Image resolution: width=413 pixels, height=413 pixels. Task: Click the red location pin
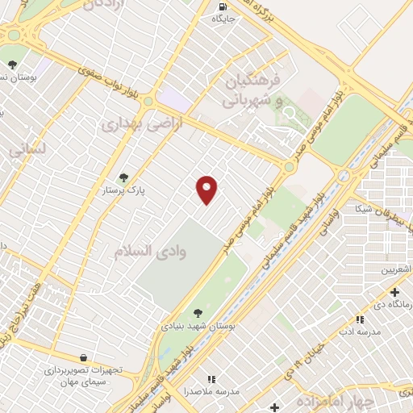[x=207, y=190]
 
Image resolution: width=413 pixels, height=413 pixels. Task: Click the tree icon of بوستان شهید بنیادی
[x=198, y=312]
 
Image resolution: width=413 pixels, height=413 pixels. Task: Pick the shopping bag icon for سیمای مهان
[x=84, y=357]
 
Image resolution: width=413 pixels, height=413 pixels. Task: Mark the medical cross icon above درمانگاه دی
[x=394, y=292]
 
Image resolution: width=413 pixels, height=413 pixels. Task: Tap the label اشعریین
[x=397, y=269]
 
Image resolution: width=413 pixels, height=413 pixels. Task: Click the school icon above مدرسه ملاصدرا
[x=211, y=378]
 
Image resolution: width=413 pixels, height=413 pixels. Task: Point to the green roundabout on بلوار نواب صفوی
[x=289, y=165]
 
